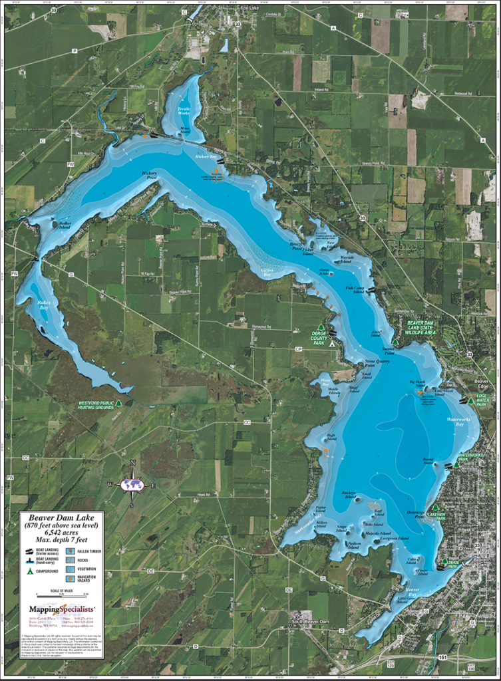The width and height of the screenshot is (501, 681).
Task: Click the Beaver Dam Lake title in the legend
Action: [61, 516]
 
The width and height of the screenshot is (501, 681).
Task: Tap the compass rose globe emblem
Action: [132, 485]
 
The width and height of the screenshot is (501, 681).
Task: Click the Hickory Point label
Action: [149, 175]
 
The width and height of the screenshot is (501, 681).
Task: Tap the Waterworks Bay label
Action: [459, 421]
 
